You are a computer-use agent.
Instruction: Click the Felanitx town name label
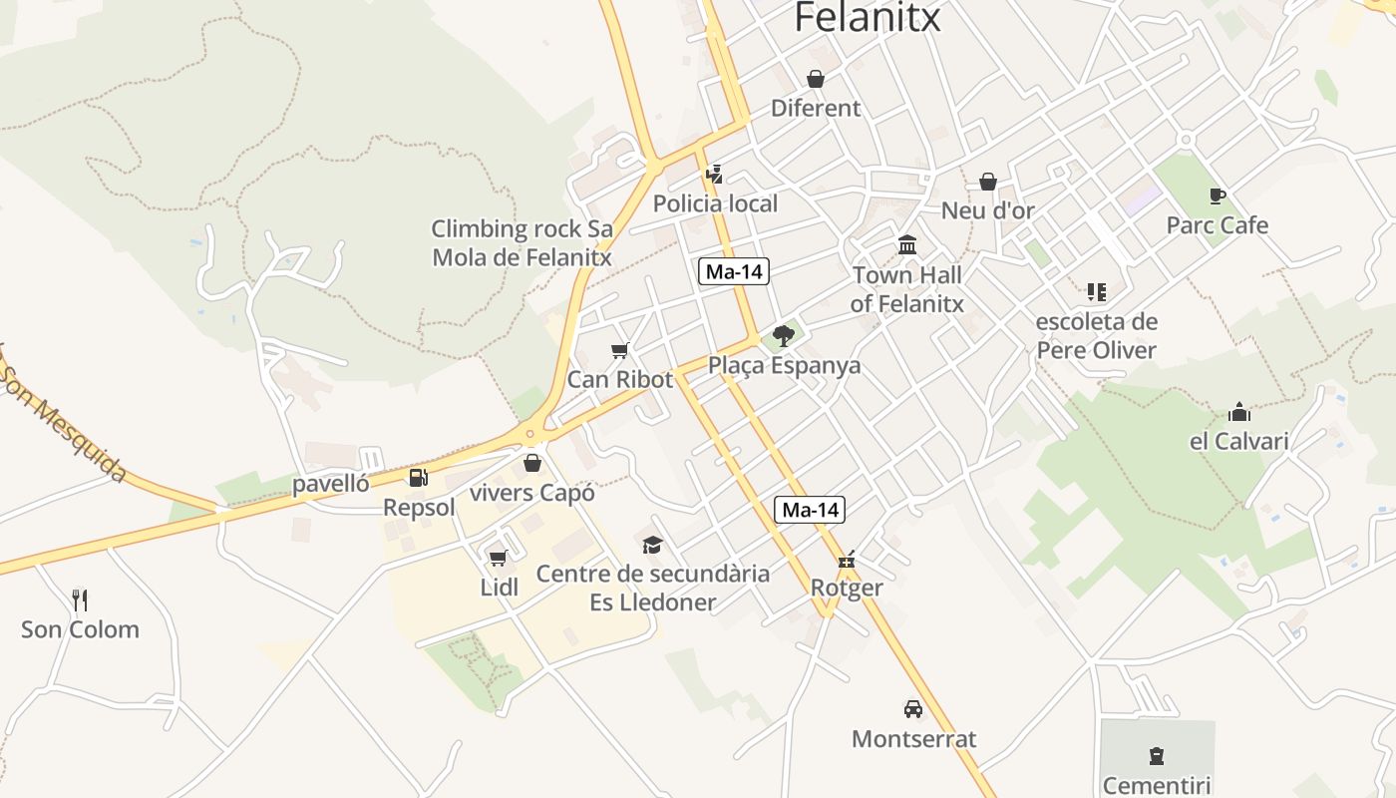pyautogui.click(x=868, y=18)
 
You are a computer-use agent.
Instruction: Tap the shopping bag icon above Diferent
pyautogui.click(x=816, y=79)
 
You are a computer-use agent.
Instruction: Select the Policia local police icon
pyautogui.click(x=714, y=175)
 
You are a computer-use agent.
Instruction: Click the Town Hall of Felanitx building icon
pyautogui.click(x=907, y=244)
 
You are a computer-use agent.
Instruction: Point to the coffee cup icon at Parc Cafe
pyautogui.click(x=1217, y=196)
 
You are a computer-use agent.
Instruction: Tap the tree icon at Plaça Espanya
pyautogui.click(x=784, y=335)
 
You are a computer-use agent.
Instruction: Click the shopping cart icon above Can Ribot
pyautogui.click(x=620, y=350)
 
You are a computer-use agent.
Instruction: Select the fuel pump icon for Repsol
pyautogui.click(x=419, y=478)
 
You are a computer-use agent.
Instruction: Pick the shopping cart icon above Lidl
pyautogui.click(x=498, y=558)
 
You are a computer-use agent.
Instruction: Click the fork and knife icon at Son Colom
pyautogui.click(x=81, y=599)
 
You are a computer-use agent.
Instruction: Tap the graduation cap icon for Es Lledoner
pyautogui.click(x=652, y=544)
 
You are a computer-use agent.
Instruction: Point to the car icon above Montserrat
pyautogui.click(x=912, y=709)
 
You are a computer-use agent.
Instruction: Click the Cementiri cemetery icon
pyautogui.click(x=1157, y=755)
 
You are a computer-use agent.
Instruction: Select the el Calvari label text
pyautogui.click(x=1239, y=441)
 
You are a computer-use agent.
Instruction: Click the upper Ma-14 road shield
pyautogui.click(x=734, y=271)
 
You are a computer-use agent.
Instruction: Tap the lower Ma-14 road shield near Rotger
pyautogui.click(x=810, y=510)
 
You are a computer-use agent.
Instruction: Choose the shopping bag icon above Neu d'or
pyautogui.click(x=987, y=182)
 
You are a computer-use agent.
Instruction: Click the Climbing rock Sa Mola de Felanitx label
pyautogui.click(x=522, y=242)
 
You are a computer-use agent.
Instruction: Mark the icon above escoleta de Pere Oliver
pyautogui.click(x=1097, y=292)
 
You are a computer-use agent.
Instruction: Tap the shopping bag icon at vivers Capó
pyautogui.click(x=532, y=463)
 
